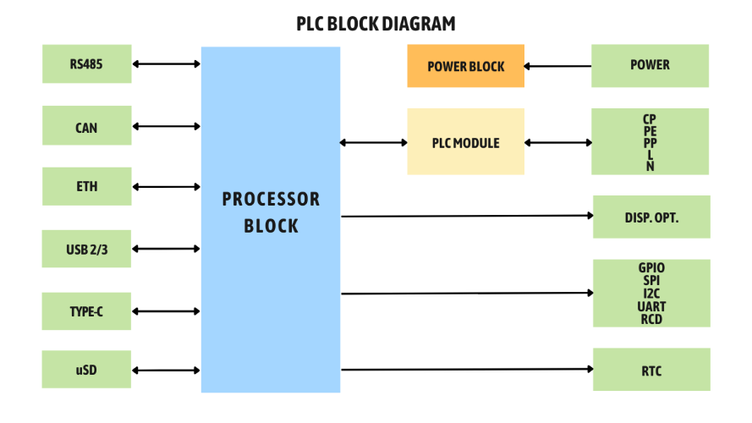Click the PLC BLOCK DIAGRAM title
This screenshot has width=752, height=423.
[x=376, y=23]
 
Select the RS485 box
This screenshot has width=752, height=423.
[x=87, y=64]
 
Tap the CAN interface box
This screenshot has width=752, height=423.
[x=87, y=126]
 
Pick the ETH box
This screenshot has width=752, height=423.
[x=87, y=187]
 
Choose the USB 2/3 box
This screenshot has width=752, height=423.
[x=87, y=249]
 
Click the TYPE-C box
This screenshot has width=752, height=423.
[x=87, y=311]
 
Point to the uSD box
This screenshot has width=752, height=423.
[x=87, y=370]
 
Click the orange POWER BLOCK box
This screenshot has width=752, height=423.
[x=465, y=66]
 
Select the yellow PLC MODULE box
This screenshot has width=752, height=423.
[x=465, y=142]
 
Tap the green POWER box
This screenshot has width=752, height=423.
[x=650, y=65]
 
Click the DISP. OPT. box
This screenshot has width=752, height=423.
[x=650, y=217]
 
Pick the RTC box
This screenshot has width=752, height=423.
[x=650, y=370]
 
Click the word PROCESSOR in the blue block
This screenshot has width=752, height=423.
[x=271, y=200]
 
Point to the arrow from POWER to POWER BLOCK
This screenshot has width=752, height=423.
[x=557, y=66]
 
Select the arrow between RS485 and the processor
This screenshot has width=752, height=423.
[x=166, y=63]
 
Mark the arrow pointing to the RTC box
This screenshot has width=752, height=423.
[x=466, y=369]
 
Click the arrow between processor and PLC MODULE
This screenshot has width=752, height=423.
[x=373, y=142]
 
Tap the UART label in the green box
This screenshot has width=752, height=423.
[x=651, y=306]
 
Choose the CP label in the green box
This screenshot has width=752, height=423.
[x=650, y=119]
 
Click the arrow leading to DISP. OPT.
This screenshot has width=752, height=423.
[x=466, y=216]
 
